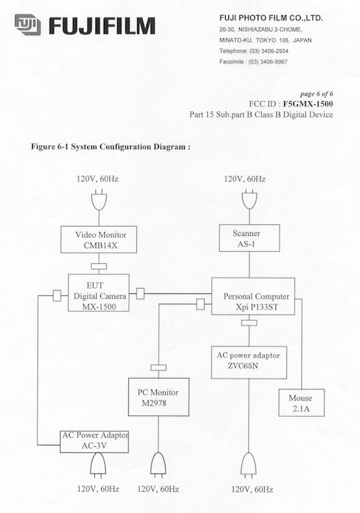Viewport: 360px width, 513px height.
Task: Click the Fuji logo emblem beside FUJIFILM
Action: pyautogui.click(x=28, y=25)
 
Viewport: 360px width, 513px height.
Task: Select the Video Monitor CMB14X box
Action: pyautogui.click(x=99, y=239)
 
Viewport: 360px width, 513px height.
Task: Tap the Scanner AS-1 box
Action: pyautogui.click(x=249, y=238)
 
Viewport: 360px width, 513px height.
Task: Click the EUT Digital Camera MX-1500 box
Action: pyautogui.click(x=98, y=293)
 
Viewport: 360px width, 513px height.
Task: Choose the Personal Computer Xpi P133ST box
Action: pyautogui.click(x=253, y=297)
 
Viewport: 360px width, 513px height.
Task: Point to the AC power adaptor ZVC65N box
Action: pyautogui.click(x=249, y=362)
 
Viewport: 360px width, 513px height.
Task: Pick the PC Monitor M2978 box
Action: pyautogui.click(x=159, y=397)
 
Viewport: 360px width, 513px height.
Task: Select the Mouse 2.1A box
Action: pyautogui.click(x=301, y=402)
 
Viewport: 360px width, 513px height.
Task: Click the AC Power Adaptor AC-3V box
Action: pyautogui.click(x=94, y=441)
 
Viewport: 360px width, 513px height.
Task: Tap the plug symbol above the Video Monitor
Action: pyautogui.click(x=99, y=200)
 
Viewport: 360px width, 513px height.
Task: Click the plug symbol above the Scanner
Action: pyautogui.click(x=249, y=199)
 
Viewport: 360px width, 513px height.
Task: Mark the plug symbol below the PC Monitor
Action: pyautogui.click(x=158, y=464)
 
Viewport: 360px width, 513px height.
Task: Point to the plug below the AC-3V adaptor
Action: pyautogui.click(x=97, y=464)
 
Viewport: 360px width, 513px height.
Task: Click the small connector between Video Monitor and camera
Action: pyautogui.click(x=99, y=266)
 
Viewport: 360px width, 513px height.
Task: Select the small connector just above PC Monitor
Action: pyautogui.click(x=159, y=368)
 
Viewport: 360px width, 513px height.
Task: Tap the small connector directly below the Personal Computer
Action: pyautogui.click(x=249, y=323)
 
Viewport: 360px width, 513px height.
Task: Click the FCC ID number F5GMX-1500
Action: pyautogui.click(x=308, y=104)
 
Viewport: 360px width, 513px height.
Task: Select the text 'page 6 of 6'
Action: pyautogui.click(x=316, y=94)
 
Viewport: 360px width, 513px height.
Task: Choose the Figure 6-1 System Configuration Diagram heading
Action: pyautogui.click(x=110, y=147)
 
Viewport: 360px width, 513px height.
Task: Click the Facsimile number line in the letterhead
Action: pyautogui.click(x=254, y=62)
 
